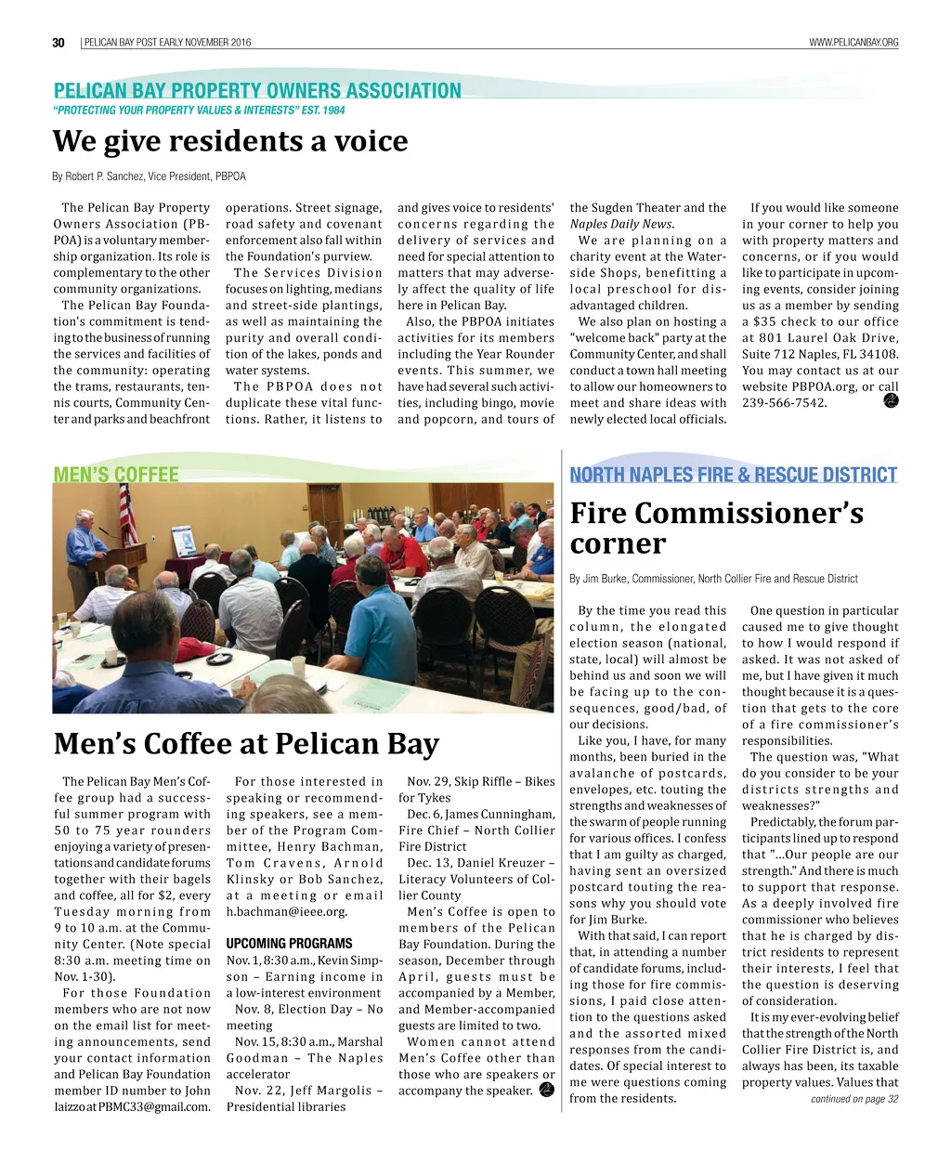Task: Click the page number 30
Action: [x=59, y=43]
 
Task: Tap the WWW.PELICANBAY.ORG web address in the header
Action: [x=853, y=43]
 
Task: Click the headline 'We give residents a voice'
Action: [x=230, y=141]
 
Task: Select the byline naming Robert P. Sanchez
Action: [x=150, y=176]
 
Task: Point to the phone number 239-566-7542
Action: [x=784, y=402]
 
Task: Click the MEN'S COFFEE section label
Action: [x=116, y=474]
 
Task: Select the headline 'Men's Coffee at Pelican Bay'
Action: [x=246, y=744]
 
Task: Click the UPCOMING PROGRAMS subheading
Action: [x=276, y=944]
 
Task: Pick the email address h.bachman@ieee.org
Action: [x=286, y=911]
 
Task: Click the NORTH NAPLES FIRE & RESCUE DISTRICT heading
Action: [x=733, y=475]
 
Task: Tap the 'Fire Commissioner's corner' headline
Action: [x=716, y=528]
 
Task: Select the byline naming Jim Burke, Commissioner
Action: [x=713, y=579]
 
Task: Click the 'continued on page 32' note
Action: [x=854, y=1099]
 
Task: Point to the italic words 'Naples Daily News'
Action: [x=621, y=224]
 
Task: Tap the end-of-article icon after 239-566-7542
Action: [x=890, y=400]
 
